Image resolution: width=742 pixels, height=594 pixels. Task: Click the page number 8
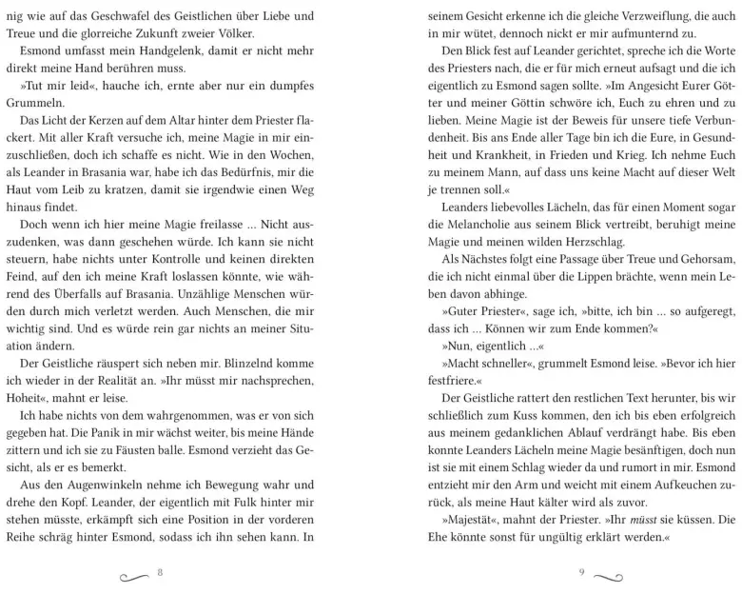click(x=161, y=573)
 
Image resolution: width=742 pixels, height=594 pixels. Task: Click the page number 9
click(x=580, y=573)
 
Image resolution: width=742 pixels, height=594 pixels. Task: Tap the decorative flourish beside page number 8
click(x=131, y=575)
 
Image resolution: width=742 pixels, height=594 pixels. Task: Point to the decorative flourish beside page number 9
click(x=610, y=575)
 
